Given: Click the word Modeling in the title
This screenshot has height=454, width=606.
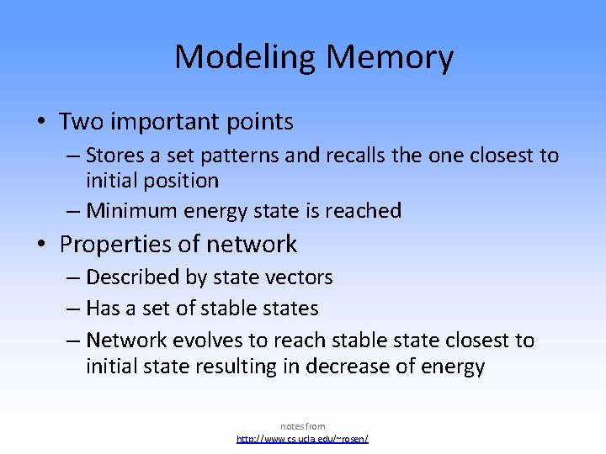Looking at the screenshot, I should click(246, 57).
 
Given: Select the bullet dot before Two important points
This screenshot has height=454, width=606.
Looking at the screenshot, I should click(42, 123).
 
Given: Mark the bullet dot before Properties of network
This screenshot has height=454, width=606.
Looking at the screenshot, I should click(42, 245).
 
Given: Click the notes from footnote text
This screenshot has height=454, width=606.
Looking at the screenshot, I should click(303, 426).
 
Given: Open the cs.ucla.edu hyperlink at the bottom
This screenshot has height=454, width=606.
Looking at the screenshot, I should click(303, 439).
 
